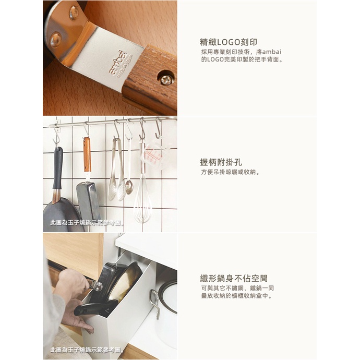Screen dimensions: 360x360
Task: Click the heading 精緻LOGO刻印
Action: coord(229,42)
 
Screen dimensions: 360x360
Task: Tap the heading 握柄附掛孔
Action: coord(221,162)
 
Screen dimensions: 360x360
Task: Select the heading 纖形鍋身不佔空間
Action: coord(234,278)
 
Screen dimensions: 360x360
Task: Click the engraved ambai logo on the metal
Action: coord(118,63)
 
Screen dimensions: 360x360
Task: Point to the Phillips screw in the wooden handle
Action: coord(165,79)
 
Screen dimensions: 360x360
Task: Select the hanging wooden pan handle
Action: coord(87,154)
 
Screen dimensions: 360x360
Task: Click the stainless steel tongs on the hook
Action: coord(117,170)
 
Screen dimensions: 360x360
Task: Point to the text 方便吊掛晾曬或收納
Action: coord(230,172)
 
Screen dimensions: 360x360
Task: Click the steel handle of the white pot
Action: coord(155,303)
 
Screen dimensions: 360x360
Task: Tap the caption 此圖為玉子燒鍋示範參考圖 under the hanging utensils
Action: coord(87,223)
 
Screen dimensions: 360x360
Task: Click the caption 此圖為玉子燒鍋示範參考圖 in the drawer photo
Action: coord(87,350)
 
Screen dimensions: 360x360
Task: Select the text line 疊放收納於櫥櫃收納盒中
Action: coord(237,295)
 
